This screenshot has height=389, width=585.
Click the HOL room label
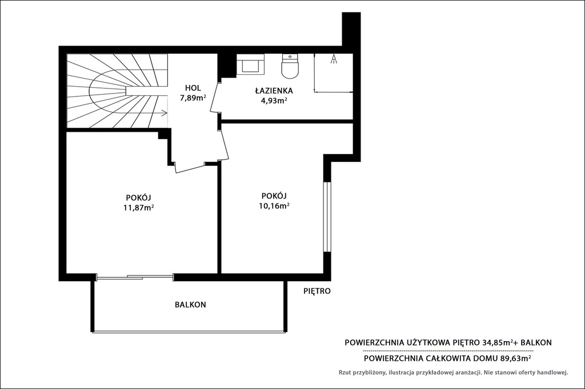193,88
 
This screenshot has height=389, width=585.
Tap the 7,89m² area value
193,98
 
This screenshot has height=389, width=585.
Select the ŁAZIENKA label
274,91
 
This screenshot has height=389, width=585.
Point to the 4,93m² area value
274,100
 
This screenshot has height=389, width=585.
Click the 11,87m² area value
139,208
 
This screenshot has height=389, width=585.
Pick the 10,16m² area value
274,205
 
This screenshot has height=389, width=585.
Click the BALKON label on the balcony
190,305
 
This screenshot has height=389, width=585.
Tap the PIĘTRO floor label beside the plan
316,291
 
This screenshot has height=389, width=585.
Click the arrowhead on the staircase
165,112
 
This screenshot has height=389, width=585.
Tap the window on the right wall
327,217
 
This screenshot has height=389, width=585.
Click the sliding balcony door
135,277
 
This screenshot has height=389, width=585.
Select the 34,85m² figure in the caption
495,342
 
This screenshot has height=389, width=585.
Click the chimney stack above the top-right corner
351,29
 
